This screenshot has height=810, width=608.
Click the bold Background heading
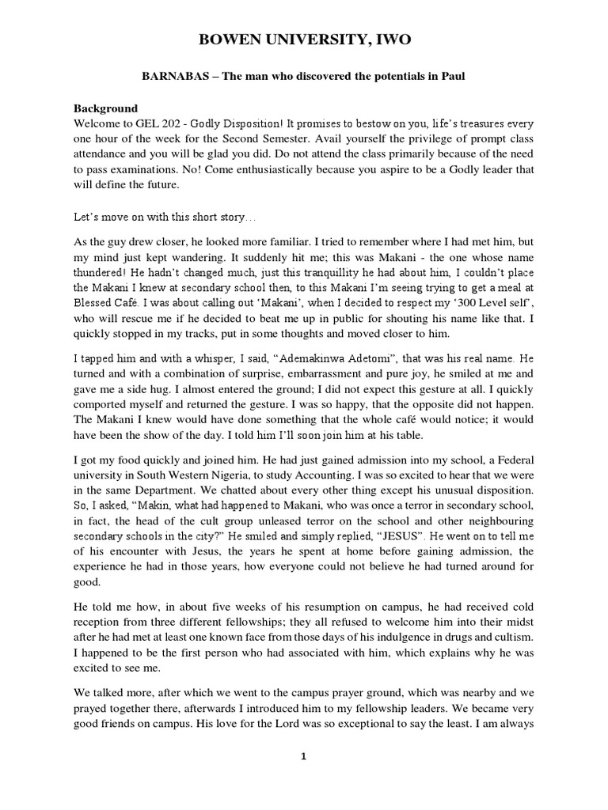106,108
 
